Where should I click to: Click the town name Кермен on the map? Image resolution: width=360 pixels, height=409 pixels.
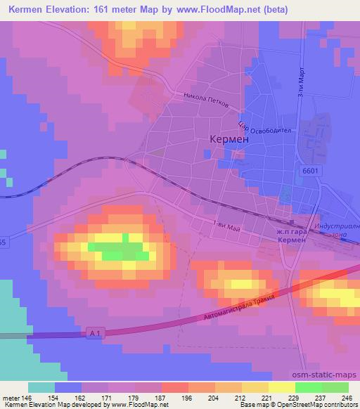pos(229,140)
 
